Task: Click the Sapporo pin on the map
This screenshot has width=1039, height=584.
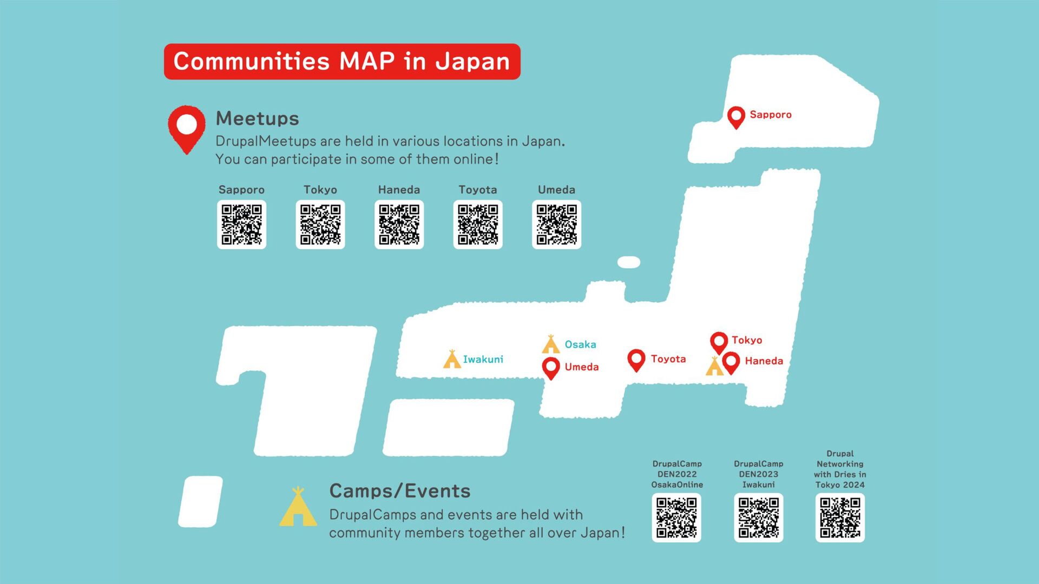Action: point(736,116)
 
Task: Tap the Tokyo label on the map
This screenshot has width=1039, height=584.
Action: point(747,340)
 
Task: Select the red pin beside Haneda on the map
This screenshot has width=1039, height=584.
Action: point(731,362)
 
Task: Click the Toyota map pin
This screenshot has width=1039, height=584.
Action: point(636,359)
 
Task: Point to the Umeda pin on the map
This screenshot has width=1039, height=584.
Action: point(551,367)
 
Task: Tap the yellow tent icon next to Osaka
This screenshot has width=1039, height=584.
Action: point(551,344)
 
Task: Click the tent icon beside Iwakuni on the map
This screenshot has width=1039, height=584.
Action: point(452,359)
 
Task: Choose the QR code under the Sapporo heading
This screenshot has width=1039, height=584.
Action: point(241,224)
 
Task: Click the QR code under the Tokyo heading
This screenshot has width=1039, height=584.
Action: point(320,224)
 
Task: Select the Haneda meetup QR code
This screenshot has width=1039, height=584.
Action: point(399,224)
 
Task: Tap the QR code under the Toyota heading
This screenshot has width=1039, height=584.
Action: point(478,224)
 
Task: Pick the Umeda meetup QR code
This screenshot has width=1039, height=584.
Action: point(556,224)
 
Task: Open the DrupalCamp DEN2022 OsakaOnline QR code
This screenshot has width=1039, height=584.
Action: point(676,517)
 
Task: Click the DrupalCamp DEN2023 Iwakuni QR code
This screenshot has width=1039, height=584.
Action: point(758,517)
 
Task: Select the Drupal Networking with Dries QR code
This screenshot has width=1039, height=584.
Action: point(840,517)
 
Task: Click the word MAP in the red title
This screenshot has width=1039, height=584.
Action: point(367,61)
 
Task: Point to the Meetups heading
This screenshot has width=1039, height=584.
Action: point(257,118)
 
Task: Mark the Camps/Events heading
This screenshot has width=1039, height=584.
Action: point(400,491)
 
